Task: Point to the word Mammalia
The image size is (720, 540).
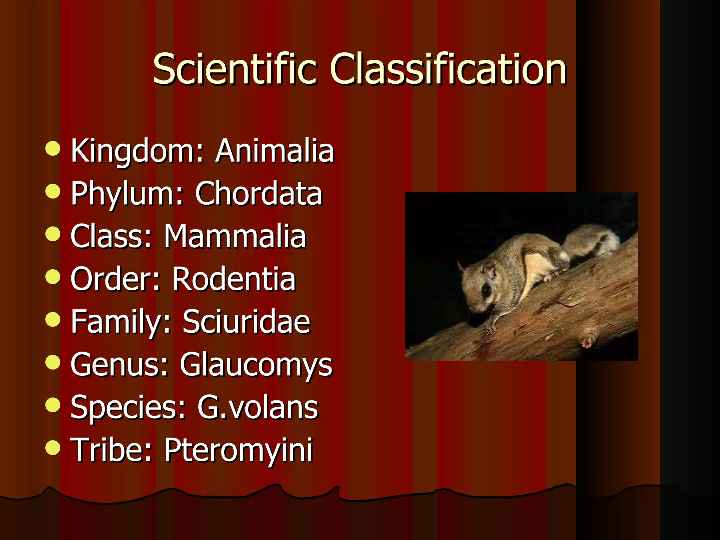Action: point(235,236)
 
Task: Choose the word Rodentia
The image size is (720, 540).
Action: point(234,279)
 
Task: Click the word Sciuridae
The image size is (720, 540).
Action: point(246,321)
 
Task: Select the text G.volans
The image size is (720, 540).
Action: point(257,407)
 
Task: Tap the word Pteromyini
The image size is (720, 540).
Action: point(238,450)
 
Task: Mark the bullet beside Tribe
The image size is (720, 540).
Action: point(53,448)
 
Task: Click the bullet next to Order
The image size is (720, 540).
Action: point(53,277)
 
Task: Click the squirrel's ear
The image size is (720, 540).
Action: point(490,271)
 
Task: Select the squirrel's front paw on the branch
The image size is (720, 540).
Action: point(489,329)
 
